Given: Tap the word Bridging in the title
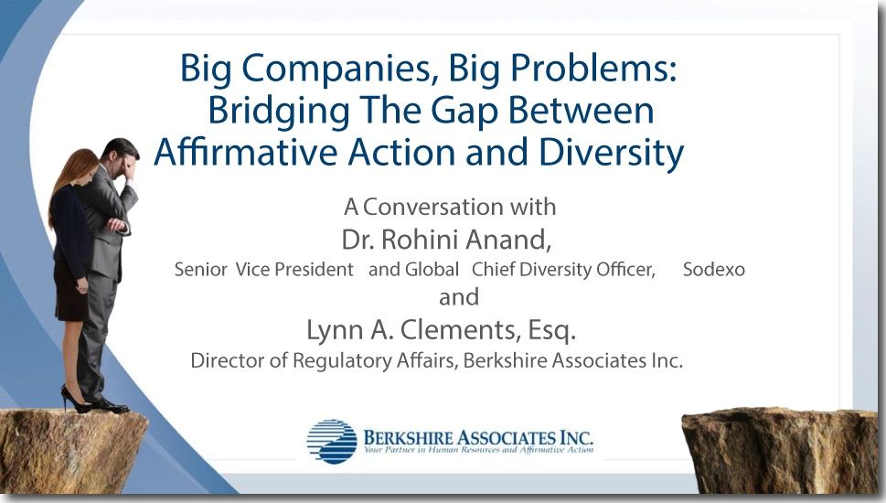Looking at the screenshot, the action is coord(279,112).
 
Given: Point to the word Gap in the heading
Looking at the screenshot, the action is coord(464,112).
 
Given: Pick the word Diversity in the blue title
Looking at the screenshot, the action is coord(611,153).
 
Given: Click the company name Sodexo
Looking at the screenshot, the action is coord(714,270).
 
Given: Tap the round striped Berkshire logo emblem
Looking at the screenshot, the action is coord(332,442).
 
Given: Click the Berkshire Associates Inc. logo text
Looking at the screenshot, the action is coord(478,437).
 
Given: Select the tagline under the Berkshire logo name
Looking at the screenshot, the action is coord(478,451).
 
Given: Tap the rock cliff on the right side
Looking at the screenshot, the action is coord(780,451).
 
